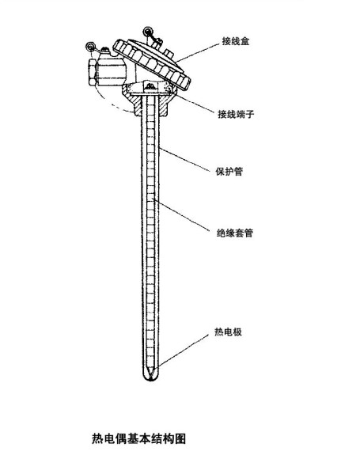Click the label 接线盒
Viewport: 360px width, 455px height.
(236, 41)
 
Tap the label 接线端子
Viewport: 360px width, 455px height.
(236, 114)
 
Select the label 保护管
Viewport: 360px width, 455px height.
(229, 171)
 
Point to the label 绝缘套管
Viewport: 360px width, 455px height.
(235, 233)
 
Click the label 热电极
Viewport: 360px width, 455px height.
(228, 332)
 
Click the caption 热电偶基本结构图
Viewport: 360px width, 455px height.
(138, 438)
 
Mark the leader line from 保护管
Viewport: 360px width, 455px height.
(184, 160)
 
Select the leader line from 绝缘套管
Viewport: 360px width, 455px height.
(181, 215)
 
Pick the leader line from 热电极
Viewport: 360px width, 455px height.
(181, 352)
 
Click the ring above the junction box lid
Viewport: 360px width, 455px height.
(148, 31)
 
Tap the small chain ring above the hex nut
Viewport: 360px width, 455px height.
(90, 46)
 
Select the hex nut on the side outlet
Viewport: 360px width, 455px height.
(93, 72)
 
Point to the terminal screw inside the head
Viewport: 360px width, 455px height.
(150, 86)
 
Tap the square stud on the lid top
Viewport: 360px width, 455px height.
(169, 53)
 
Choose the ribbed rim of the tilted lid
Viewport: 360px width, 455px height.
(151, 64)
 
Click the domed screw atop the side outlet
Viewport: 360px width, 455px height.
(105, 51)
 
